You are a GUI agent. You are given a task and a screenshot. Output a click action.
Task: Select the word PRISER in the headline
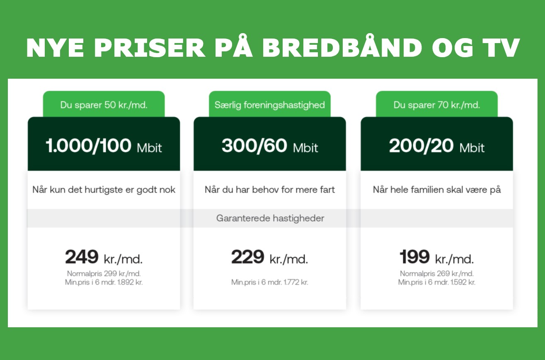[150, 48]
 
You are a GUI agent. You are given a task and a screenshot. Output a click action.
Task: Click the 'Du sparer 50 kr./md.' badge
[104, 104]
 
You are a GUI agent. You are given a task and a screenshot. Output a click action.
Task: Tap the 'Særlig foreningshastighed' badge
[269, 104]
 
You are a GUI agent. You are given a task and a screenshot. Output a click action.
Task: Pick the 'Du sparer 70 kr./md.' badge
[437, 104]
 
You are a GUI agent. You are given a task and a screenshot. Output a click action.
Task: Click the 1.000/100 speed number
[89, 146]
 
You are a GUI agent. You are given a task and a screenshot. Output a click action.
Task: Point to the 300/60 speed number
[254, 146]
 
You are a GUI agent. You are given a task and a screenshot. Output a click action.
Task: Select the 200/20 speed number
[421, 146]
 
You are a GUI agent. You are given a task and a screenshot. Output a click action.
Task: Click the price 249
[82, 257]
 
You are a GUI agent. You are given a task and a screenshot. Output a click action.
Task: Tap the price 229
[248, 257]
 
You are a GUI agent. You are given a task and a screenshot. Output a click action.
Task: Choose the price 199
[414, 257]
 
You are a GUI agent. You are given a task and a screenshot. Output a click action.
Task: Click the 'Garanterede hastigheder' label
[270, 218]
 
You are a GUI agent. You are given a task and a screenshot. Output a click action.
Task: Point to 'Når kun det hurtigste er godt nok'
[104, 190]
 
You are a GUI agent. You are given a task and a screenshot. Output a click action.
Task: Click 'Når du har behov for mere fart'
[270, 189]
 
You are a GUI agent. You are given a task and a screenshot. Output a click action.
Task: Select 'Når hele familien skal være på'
[437, 189]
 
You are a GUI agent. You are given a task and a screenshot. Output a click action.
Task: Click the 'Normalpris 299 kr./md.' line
[104, 274]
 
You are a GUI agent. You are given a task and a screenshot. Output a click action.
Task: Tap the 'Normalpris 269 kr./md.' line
[437, 274]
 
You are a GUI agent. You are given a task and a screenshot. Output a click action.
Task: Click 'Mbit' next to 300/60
[305, 147]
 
